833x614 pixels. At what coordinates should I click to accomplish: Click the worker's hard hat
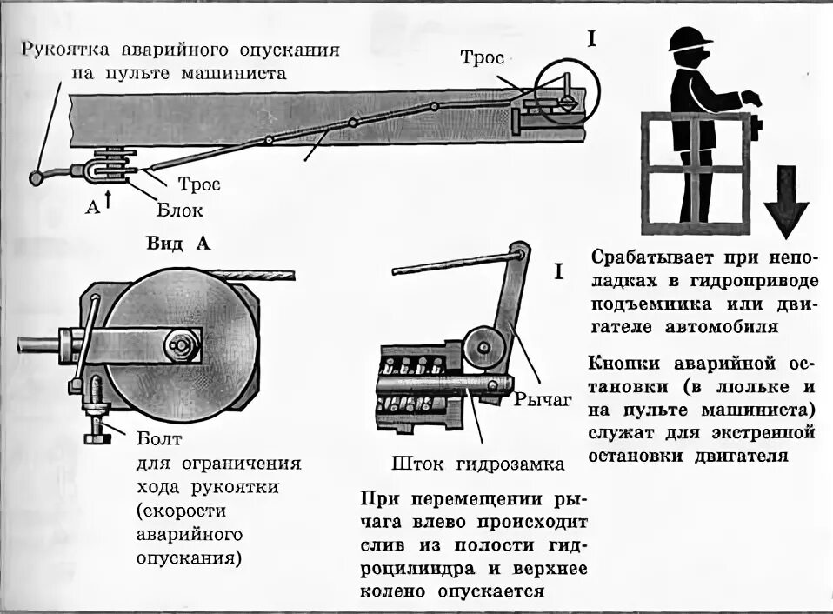(x=690, y=37)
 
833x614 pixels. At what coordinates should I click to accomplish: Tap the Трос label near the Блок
(x=199, y=184)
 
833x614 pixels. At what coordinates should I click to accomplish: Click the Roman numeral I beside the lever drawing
(x=558, y=272)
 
